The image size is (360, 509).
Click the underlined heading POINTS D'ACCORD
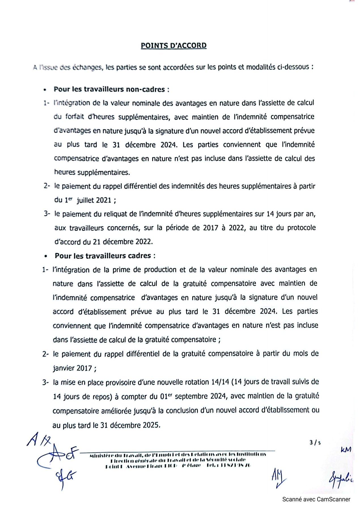click(173, 46)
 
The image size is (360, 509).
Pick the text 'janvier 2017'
click(73, 368)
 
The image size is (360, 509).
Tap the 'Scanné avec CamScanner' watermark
click(316, 499)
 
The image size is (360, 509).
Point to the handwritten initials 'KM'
click(346, 449)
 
